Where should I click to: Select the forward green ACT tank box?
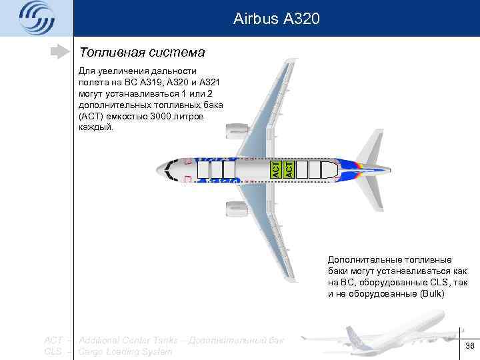274,169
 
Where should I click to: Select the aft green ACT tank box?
289,169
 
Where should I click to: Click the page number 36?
469,345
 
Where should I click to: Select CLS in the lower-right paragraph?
437,282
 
